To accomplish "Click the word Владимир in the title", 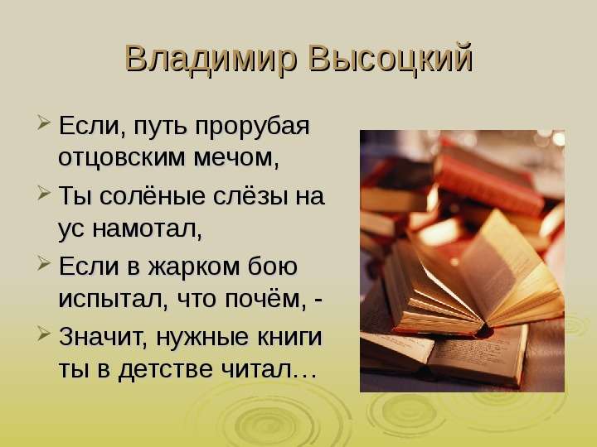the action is click(211, 60).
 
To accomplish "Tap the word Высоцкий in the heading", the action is click(391, 59).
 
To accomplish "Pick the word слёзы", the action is click(250, 196).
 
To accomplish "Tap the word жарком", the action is click(194, 267).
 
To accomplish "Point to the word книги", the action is click(289, 337).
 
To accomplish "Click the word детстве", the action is click(165, 369).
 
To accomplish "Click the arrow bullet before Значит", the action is click(44, 334).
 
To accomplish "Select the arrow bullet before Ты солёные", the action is click(44, 193).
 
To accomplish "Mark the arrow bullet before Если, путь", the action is click(44, 123).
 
